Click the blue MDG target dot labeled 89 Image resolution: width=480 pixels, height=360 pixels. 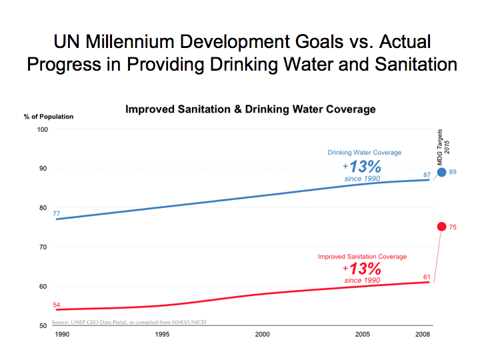tap(441, 172)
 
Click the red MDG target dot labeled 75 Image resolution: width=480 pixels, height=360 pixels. tap(441, 227)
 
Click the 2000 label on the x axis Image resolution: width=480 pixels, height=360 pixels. tap(262, 334)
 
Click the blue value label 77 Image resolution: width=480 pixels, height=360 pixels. tap(57, 214)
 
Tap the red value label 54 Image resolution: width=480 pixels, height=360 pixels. tap(57, 305)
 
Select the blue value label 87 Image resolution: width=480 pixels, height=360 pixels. tap(427, 175)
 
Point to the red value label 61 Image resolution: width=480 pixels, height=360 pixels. tap(427, 277)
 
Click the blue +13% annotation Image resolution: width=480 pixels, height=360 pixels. tap(362, 167)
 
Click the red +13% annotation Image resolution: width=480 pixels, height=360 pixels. tap(362, 269)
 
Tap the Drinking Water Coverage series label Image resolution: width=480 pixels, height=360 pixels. tap(364, 153)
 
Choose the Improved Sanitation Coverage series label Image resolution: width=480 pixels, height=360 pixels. tap(362, 256)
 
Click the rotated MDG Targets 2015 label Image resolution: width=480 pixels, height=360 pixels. tap(443, 147)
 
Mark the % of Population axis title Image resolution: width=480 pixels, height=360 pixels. tap(49, 117)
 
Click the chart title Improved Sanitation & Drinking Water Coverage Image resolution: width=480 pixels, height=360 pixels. tap(250, 109)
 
